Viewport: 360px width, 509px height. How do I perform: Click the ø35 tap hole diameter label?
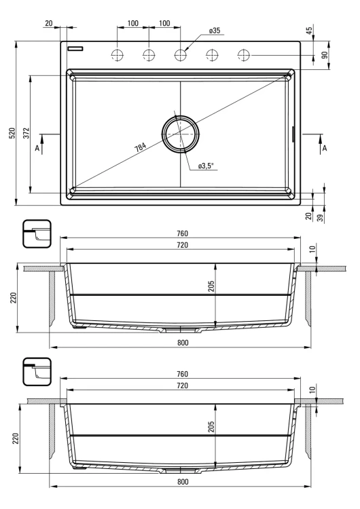click(x=215, y=31)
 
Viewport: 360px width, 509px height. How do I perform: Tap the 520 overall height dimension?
click(x=12, y=133)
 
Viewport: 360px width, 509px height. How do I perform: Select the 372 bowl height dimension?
click(x=26, y=133)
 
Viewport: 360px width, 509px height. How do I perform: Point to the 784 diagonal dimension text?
click(x=141, y=147)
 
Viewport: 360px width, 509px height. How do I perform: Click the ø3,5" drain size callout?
click(x=206, y=166)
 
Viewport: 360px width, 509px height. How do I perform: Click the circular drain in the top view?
click(x=180, y=134)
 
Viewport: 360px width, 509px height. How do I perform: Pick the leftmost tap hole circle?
click(x=118, y=55)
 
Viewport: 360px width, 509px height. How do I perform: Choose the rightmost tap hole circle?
click(x=244, y=55)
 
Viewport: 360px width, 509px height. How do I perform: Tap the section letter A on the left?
click(x=37, y=149)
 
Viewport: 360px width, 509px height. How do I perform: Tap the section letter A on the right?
click(x=324, y=149)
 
